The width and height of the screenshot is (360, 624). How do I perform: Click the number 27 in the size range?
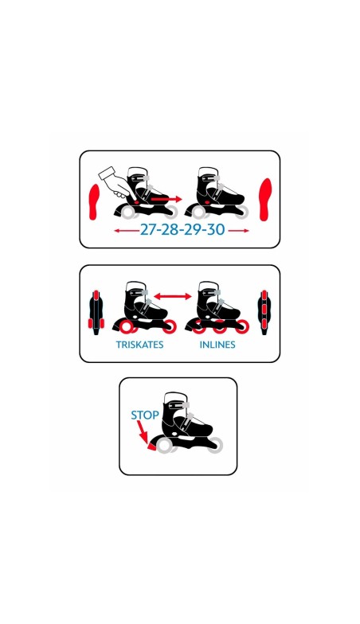pyautogui.click(x=147, y=229)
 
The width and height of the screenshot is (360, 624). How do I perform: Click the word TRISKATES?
pyautogui.click(x=140, y=345)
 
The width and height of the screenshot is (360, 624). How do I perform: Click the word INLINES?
pyautogui.click(x=217, y=345)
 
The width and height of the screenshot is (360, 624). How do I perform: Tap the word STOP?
pyautogui.click(x=145, y=415)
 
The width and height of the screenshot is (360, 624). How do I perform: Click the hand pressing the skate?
pyautogui.click(x=115, y=182)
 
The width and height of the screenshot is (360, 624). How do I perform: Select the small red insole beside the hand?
pyautogui.click(x=93, y=202)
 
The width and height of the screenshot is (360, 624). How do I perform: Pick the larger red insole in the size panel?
pyautogui.click(x=265, y=199)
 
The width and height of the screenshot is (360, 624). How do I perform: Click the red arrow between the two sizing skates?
pyautogui.click(x=166, y=199)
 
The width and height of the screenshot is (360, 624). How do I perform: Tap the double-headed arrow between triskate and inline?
pyautogui.click(x=173, y=296)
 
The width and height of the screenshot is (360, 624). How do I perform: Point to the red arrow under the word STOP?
pyautogui.click(x=142, y=431)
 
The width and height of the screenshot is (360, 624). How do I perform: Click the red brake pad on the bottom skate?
pyautogui.click(x=152, y=447)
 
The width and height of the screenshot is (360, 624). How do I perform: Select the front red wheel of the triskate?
pyautogui.click(x=169, y=326)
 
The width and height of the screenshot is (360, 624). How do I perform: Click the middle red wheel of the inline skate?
pyautogui.click(x=220, y=327)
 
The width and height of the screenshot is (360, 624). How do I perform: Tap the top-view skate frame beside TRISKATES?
pyautogui.click(x=96, y=313)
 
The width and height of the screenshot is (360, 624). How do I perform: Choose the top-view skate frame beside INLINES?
pyautogui.click(x=264, y=312)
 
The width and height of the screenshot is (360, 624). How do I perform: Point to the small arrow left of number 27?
pyautogui.click(x=126, y=231)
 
